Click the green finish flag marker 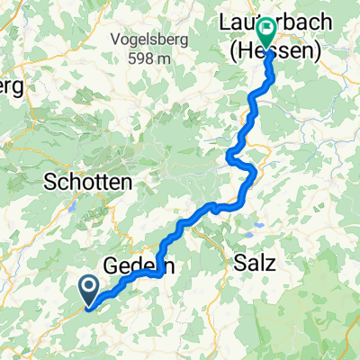pos(266,31)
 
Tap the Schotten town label pos(88,181)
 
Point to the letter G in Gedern pos(112,266)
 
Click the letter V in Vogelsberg pos(113,39)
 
